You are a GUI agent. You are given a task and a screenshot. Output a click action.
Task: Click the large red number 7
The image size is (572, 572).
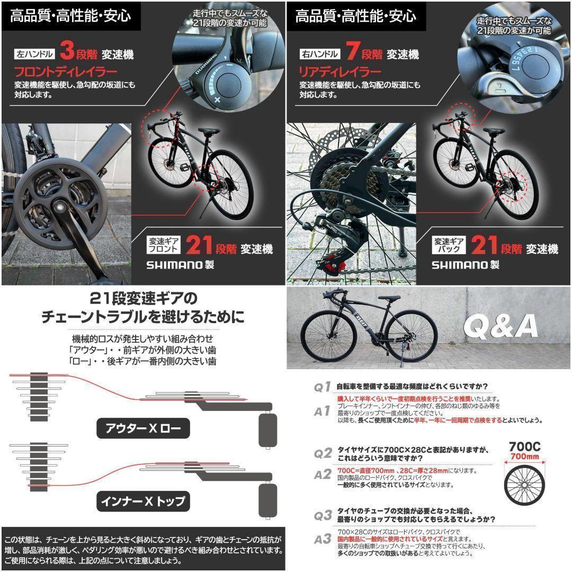click(x=353, y=52)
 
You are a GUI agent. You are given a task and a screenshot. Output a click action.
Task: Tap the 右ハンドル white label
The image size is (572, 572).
click(x=320, y=54)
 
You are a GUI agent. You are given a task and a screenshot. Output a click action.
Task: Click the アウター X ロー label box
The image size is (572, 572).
click(x=143, y=428)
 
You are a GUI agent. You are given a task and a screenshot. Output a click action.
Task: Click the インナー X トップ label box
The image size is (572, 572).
click(x=143, y=501)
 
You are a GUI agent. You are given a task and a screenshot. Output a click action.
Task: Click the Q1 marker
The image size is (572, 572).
click(x=323, y=387)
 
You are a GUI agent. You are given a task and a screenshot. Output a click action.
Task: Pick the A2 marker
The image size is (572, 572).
click(x=323, y=475)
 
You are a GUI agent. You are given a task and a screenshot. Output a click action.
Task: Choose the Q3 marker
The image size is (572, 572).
click(x=323, y=515)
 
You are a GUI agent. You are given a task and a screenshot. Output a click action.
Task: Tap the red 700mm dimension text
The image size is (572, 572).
click(x=524, y=457)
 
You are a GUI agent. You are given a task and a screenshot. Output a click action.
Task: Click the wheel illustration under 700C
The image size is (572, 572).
click(x=524, y=484)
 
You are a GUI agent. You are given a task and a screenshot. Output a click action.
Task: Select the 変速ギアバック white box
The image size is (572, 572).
click(x=450, y=245)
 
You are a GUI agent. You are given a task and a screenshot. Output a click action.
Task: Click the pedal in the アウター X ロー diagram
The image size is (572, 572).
click(x=267, y=430)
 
